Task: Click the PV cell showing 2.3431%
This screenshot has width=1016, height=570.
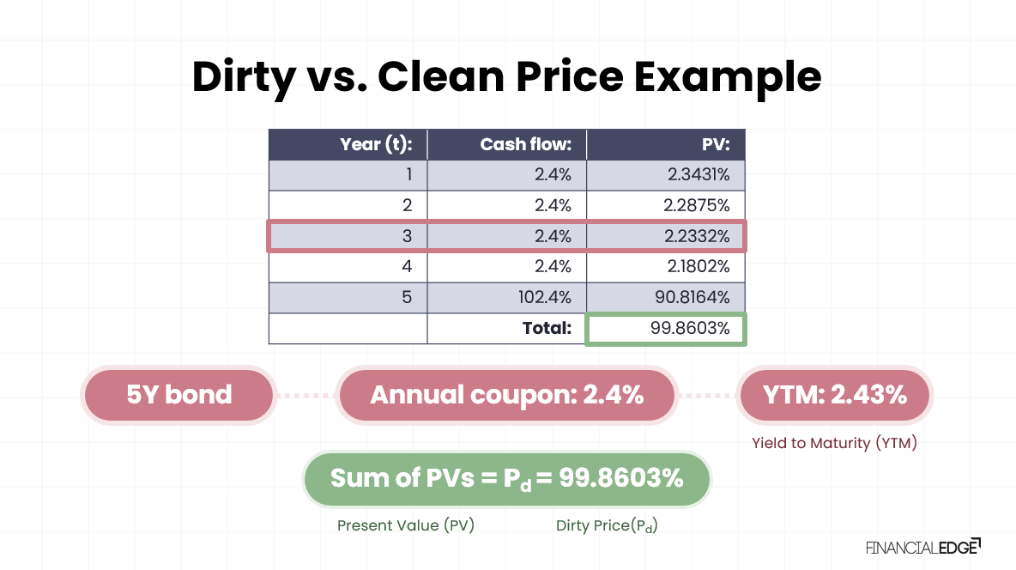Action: click(x=698, y=175)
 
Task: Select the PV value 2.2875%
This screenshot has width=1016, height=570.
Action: click(x=698, y=205)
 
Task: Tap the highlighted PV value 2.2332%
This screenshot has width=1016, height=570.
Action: click(x=698, y=236)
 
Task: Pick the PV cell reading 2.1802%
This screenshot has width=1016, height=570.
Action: click(x=698, y=267)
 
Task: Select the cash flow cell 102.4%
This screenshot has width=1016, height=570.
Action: click(x=545, y=297)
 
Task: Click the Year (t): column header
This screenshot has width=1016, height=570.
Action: click(x=376, y=144)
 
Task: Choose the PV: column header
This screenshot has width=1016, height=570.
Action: click(x=715, y=144)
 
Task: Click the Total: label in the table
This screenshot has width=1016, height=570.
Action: click(x=547, y=328)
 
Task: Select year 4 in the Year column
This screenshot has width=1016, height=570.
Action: click(x=408, y=267)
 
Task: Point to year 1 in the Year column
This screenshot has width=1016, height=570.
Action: click(x=408, y=175)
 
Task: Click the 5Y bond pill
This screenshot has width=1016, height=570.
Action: click(x=178, y=395)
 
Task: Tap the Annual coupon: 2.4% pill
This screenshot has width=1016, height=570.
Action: click(x=506, y=395)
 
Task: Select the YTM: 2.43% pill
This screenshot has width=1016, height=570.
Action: click(x=835, y=395)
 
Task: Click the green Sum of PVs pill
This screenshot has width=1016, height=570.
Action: click(x=506, y=479)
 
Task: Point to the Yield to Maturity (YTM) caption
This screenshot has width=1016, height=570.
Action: click(x=834, y=444)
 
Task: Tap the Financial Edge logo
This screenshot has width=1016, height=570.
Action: click(x=923, y=547)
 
